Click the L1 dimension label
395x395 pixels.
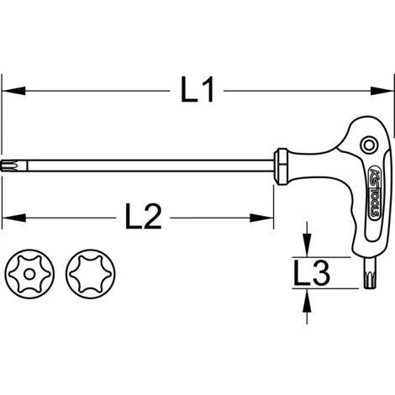click(197, 90)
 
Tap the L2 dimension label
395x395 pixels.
click(143, 217)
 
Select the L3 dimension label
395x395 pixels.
click(311, 272)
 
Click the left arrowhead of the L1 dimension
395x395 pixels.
click(13, 91)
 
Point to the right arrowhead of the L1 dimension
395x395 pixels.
click(382, 91)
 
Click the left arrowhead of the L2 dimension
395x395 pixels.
click(13, 218)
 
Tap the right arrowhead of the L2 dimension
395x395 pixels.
click(261, 218)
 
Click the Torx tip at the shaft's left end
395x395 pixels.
click(14, 166)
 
